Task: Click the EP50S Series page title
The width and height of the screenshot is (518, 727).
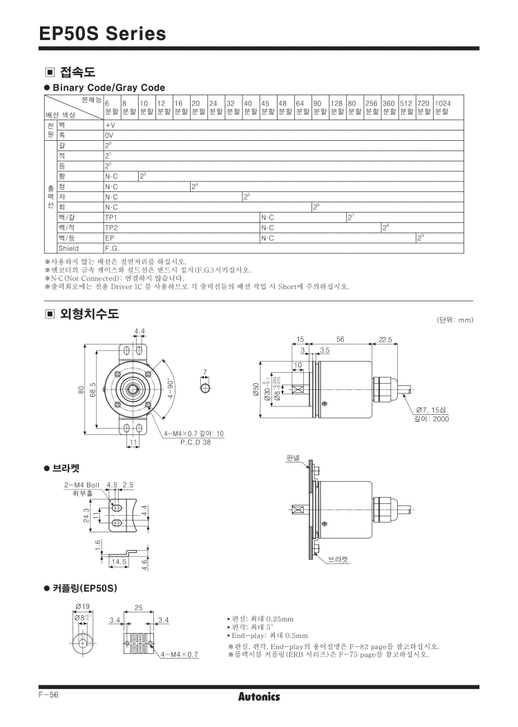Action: [x=102, y=33]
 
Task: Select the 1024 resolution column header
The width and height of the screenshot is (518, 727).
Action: [x=443, y=107]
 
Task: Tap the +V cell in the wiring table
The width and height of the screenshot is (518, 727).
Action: [x=110, y=125]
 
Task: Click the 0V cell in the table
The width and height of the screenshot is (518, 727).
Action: [x=109, y=135]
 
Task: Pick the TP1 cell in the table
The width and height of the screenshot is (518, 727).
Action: [x=111, y=217]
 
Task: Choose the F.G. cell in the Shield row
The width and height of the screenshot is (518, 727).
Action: [x=112, y=248]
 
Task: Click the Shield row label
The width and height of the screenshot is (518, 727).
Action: [x=68, y=248]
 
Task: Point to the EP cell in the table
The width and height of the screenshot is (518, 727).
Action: [x=109, y=238]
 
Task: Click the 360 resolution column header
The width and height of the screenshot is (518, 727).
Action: [x=389, y=107]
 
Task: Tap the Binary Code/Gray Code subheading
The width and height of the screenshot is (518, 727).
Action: [x=109, y=88]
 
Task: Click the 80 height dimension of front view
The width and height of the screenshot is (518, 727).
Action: [x=81, y=390]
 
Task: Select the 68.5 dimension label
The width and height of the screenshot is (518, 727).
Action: [x=93, y=390]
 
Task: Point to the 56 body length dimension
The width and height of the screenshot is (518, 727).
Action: [x=340, y=340]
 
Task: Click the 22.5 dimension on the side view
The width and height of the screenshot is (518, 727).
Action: [x=385, y=340]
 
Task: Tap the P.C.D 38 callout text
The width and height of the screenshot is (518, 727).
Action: [x=195, y=443]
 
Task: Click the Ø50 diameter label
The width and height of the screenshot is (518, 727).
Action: [x=256, y=389]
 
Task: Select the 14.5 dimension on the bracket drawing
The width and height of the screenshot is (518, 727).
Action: [x=119, y=561]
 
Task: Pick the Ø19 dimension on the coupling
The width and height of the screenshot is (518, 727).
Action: [x=83, y=606]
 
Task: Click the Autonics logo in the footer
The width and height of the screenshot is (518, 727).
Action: [x=259, y=697]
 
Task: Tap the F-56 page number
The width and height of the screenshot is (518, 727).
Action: [x=49, y=695]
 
